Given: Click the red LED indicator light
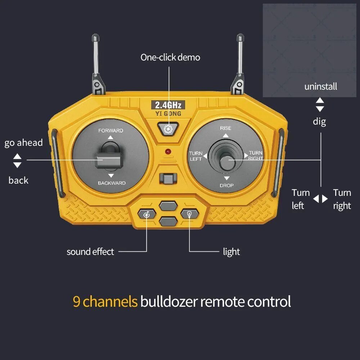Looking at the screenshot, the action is tap(168, 152).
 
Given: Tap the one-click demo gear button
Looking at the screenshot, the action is tap(168, 129).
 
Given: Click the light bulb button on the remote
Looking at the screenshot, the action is tap(189, 214).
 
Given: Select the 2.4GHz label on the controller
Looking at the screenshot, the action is tap(168, 105).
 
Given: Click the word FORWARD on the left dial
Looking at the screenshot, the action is tap(111, 131).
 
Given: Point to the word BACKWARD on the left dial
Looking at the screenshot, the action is tap(112, 183).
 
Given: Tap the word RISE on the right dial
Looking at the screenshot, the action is tap(226, 128).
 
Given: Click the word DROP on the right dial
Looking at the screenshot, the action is tap(226, 185).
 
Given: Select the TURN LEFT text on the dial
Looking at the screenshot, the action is tap(195, 156).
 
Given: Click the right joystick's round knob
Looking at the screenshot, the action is tap(228, 163).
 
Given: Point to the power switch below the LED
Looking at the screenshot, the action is tap(168, 179).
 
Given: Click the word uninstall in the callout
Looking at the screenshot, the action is tap(320, 86).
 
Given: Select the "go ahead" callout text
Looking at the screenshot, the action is tap(24, 143).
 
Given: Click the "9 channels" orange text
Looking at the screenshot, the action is tap(105, 301).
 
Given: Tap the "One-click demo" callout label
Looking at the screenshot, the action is tap(170, 57).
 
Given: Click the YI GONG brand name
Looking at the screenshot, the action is tap(168, 113).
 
